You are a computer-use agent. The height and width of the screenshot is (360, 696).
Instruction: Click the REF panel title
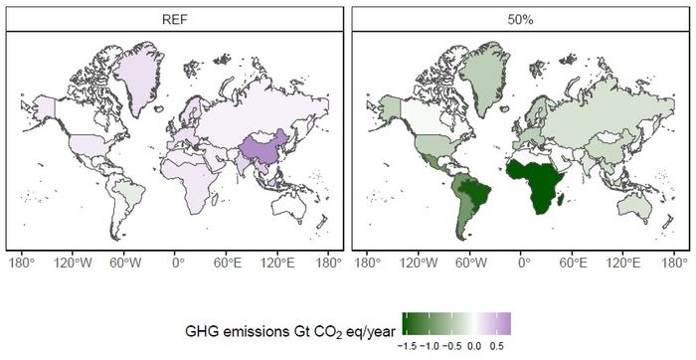tap(174, 19)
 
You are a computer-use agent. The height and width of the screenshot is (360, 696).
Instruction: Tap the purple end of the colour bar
tap(504, 320)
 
